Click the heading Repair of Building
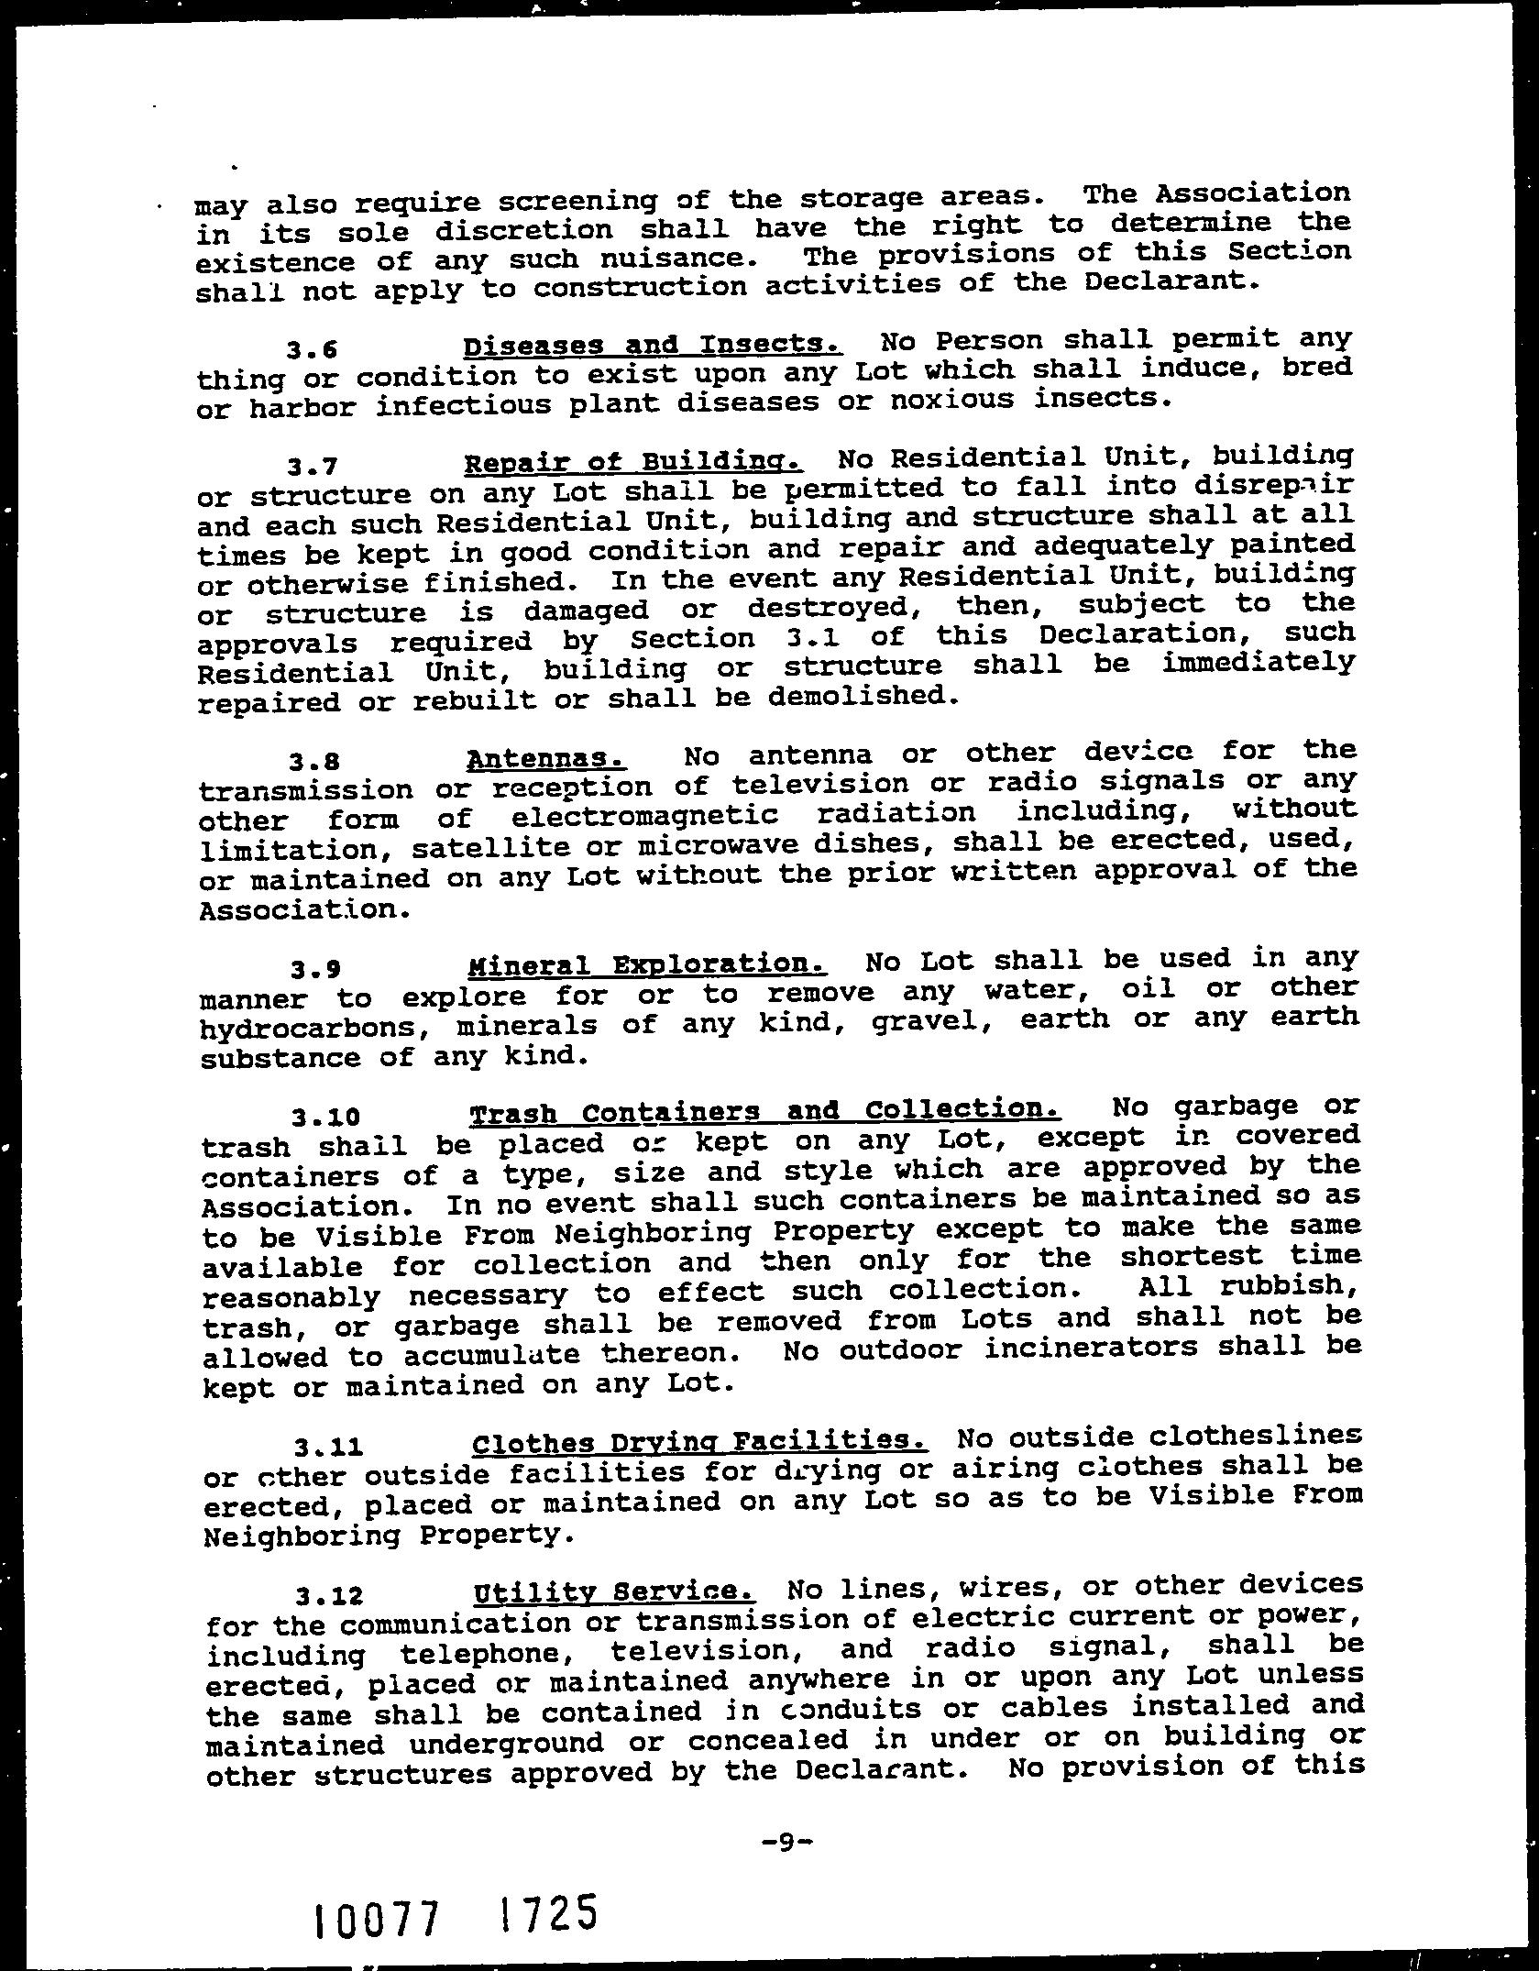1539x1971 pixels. [x=633, y=461]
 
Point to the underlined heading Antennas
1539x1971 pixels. [x=546, y=759]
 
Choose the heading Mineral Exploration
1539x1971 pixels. [x=647, y=965]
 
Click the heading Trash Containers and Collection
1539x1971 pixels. [x=764, y=1112]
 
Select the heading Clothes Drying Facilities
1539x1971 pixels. [x=700, y=1443]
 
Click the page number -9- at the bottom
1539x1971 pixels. [x=787, y=1813]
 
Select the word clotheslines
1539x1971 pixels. [x=1247, y=1435]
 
